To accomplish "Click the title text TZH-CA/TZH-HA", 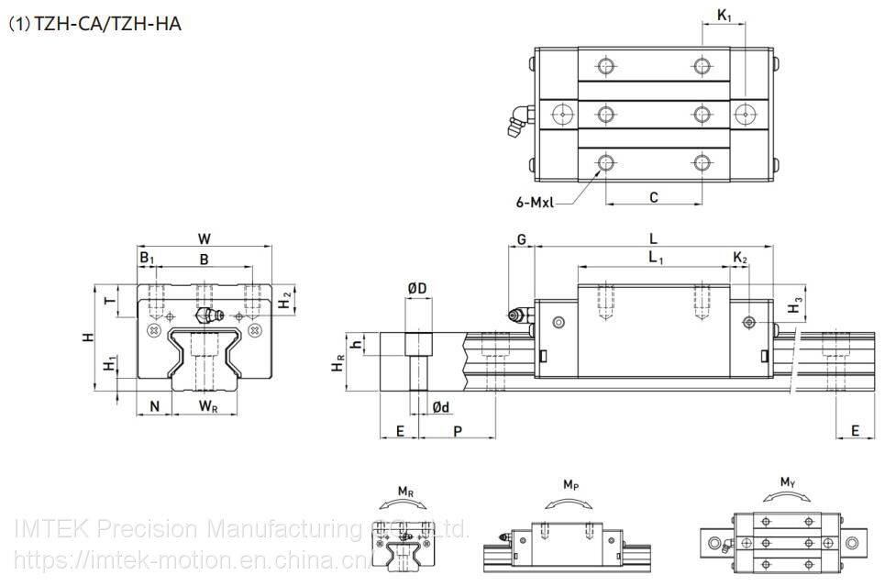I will click(x=108, y=24).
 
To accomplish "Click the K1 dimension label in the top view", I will click(x=724, y=15).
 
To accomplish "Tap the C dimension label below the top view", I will click(x=653, y=197).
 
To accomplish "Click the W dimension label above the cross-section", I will click(x=204, y=238).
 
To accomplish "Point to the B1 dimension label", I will click(x=147, y=260).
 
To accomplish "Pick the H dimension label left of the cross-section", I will click(x=88, y=337).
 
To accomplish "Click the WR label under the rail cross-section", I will click(x=208, y=405).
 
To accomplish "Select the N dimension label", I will click(x=155, y=405).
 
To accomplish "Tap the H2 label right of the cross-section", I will click(x=286, y=299).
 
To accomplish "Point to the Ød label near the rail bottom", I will click(x=440, y=406).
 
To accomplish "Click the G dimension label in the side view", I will click(x=522, y=239).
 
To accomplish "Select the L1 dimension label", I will click(x=656, y=260).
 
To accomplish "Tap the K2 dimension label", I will click(x=739, y=260).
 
